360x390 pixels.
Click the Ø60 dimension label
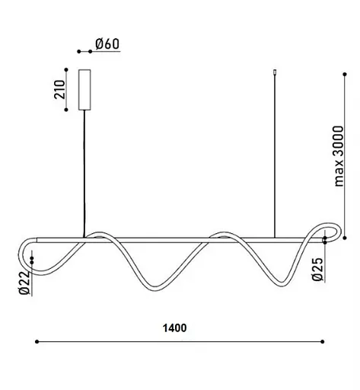click(x=107, y=43)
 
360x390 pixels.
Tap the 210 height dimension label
click(x=59, y=89)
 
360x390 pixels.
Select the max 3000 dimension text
click(x=339, y=156)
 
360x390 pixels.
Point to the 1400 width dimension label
click(x=174, y=328)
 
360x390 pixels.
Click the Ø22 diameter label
click(x=24, y=283)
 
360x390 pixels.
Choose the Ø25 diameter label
click(x=317, y=269)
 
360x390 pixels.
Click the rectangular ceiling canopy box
click(x=84, y=90)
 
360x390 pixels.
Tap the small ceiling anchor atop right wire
click(x=275, y=72)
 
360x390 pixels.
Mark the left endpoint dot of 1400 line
click(x=37, y=342)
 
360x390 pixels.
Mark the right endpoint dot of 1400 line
click(x=323, y=342)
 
